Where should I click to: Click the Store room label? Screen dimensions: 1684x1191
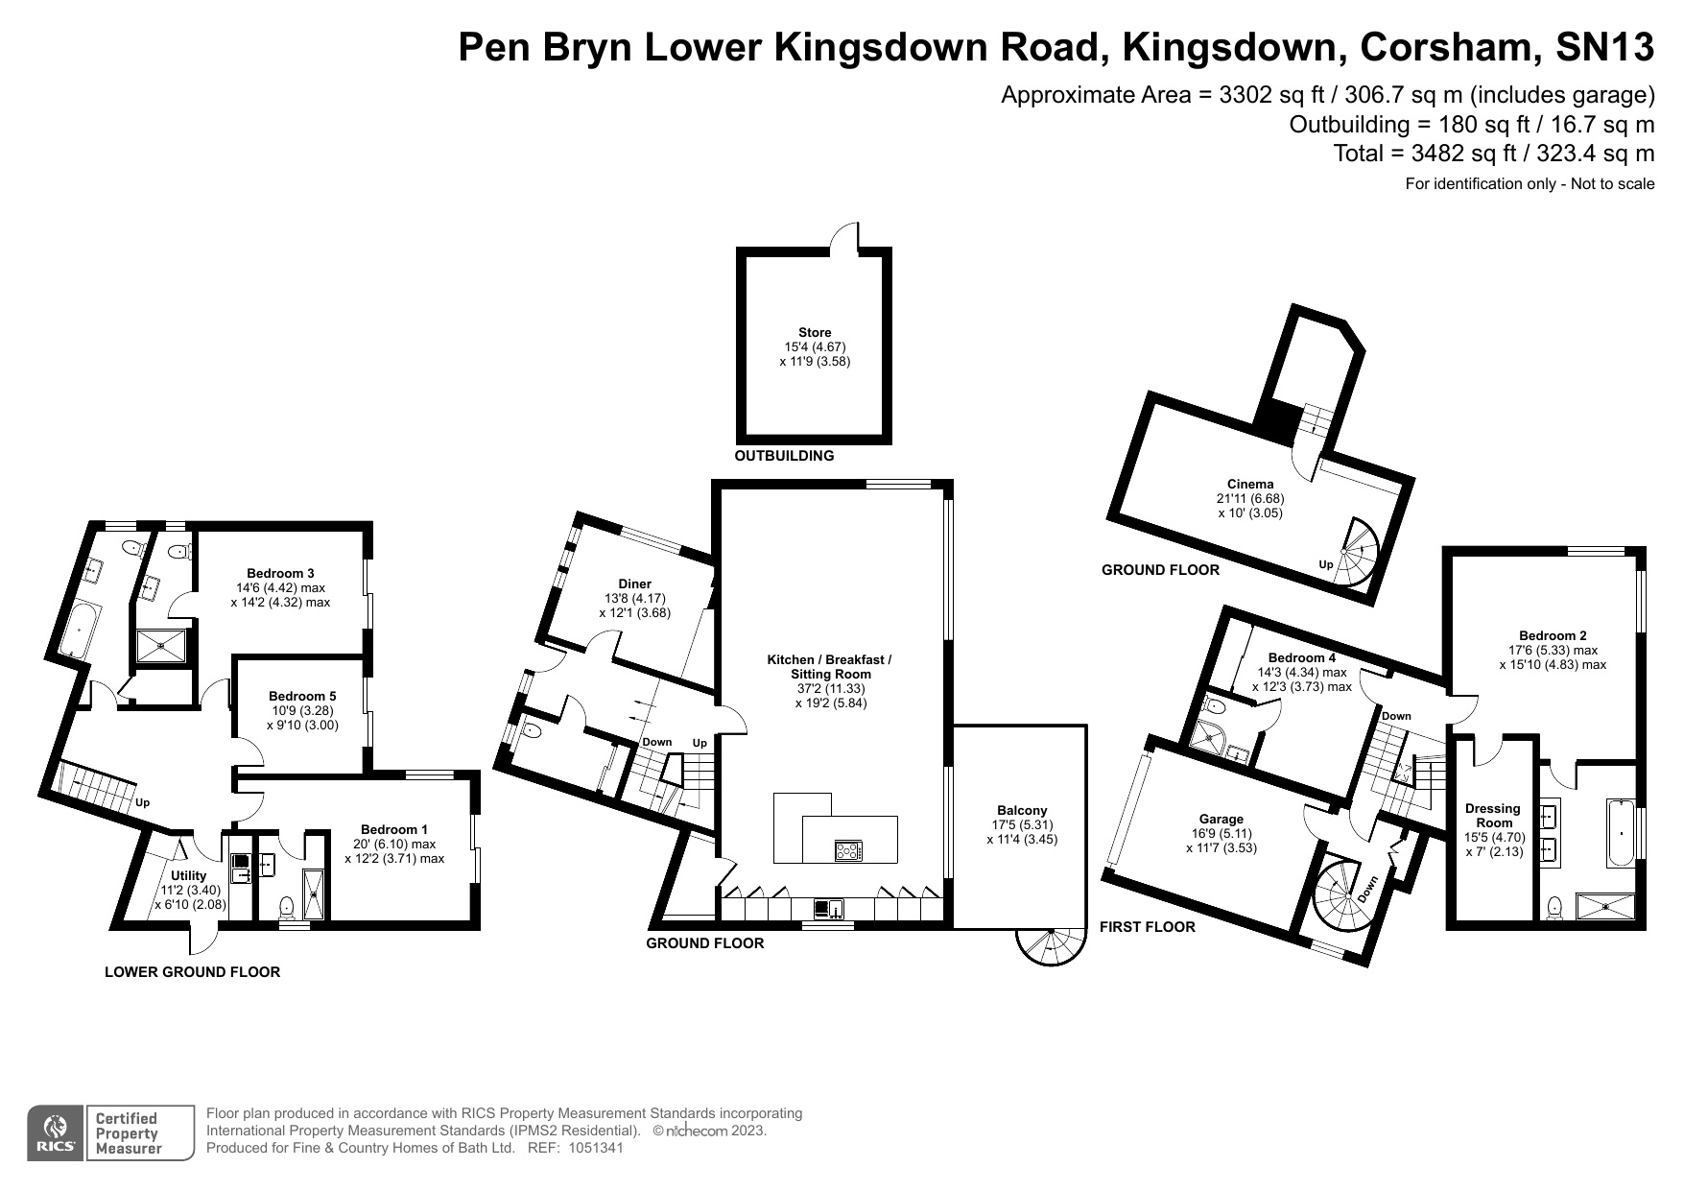click(815, 333)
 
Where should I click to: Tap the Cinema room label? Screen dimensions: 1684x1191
click(1250, 485)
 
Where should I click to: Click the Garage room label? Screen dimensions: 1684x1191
click(1221, 820)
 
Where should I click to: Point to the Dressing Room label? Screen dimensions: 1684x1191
click(1494, 816)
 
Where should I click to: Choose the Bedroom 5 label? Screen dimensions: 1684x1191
click(302, 696)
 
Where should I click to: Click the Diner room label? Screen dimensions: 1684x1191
click(635, 584)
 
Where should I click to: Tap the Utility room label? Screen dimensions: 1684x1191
click(189, 875)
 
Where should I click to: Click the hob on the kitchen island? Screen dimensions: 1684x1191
click(848, 850)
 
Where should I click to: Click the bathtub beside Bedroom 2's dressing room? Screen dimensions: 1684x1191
click(1620, 832)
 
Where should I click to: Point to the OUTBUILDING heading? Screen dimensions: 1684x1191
click(784, 456)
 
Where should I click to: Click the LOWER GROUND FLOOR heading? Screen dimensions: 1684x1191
click(192, 972)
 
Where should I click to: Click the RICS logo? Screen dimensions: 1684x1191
click(57, 1134)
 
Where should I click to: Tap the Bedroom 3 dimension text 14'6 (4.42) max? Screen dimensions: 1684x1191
click(280, 588)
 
